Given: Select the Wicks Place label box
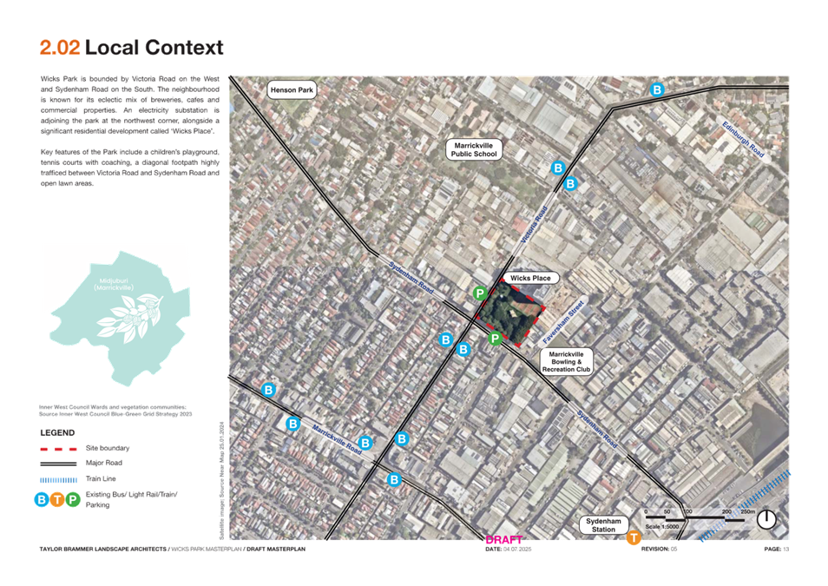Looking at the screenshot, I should point(530,278).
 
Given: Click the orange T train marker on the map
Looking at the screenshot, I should point(634,538).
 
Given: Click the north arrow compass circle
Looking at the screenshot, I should point(768,520).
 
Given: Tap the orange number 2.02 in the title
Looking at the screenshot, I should point(60,48).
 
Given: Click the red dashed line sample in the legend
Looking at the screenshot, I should point(58,448).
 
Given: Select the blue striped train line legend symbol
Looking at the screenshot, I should point(58,478).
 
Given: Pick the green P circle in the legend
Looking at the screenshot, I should point(73,499).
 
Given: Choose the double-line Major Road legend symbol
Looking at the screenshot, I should point(58,464).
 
